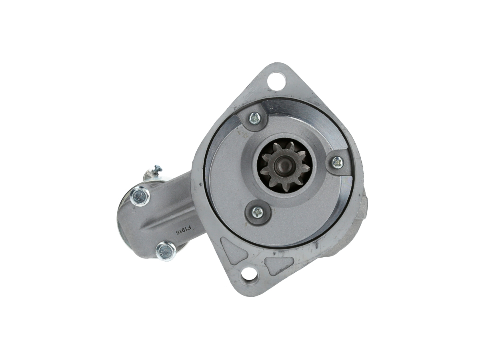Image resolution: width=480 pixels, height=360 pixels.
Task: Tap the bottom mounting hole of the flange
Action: click(x=249, y=274)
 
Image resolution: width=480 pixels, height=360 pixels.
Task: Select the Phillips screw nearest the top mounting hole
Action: click(x=254, y=118)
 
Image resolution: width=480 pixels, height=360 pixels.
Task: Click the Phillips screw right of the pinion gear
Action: click(x=337, y=162)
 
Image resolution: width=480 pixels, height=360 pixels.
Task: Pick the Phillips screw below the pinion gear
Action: click(x=258, y=212)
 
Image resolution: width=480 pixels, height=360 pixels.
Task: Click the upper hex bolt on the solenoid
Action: click(x=140, y=196)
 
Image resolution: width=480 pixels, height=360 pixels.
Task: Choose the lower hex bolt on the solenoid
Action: click(x=166, y=251)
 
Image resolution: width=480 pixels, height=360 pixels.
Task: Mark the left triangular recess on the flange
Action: click(x=233, y=250)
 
